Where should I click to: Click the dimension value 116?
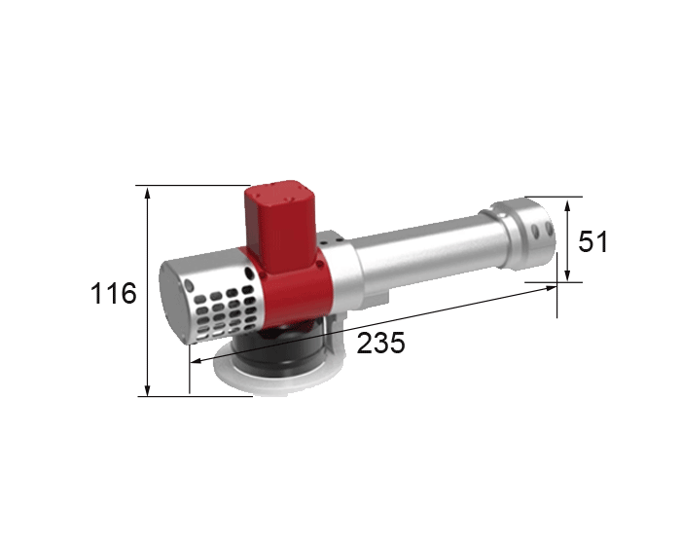(x=114, y=291)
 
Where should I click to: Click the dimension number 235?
(x=380, y=343)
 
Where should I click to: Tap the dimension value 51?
(x=592, y=240)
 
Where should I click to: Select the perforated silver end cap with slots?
(x=219, y=292)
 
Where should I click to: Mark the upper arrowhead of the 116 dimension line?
(x=147, y=191)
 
